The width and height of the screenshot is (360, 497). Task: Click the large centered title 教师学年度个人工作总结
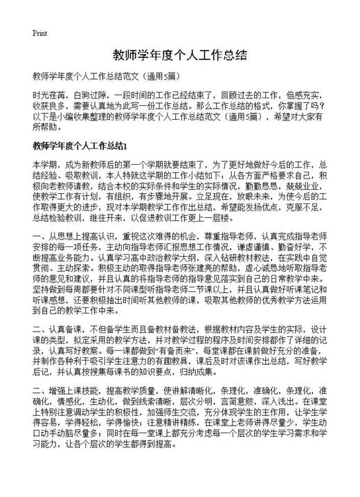coord(179,55)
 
